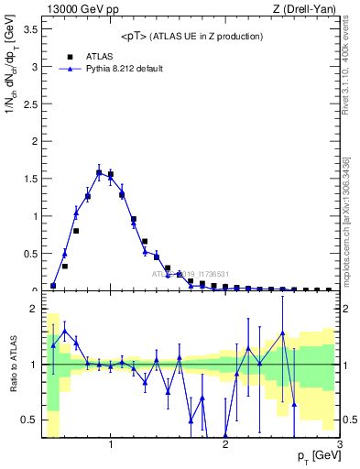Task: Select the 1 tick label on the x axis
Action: (111, 446)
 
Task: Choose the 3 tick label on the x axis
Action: (340, 446)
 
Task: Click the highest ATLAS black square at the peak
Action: (99, 172)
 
